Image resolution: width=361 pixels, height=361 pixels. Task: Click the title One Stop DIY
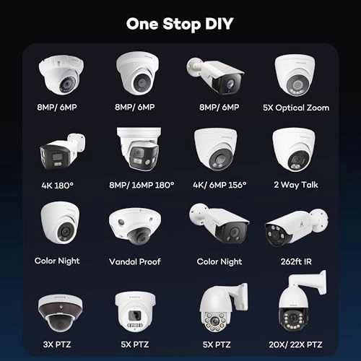[180, 22]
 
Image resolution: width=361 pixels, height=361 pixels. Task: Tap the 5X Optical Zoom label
[302, 108]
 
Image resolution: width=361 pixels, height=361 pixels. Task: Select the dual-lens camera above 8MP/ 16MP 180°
[139, 150]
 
